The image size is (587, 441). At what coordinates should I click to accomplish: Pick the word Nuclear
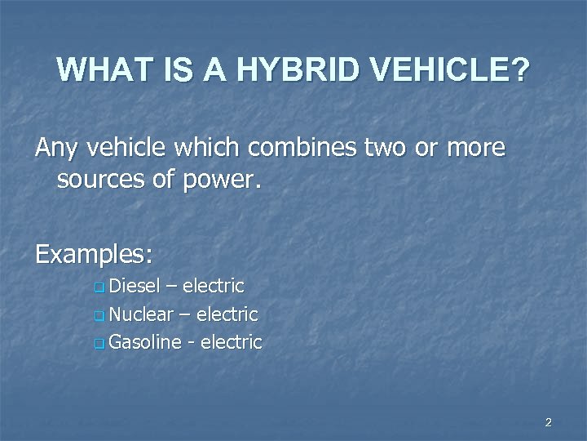click(x=140, y=314)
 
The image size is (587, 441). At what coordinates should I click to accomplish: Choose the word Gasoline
click(x=144, y=341)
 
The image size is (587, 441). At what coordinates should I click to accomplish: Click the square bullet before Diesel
click(x=99, y=287)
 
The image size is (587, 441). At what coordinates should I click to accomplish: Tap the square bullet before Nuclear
click(x=99, y=315)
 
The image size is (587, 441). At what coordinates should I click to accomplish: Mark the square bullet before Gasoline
click(x=99, y=343)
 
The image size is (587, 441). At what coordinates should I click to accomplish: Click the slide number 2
click(x=548, y=422)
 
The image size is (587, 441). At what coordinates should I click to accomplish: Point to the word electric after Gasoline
click(x=231, y=341)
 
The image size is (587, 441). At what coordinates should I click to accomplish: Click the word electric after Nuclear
click(x=227, y=314)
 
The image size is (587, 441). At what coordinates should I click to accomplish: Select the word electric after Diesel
click(x=214, y=286)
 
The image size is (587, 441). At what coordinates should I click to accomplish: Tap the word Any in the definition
click(x=55, y=150)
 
